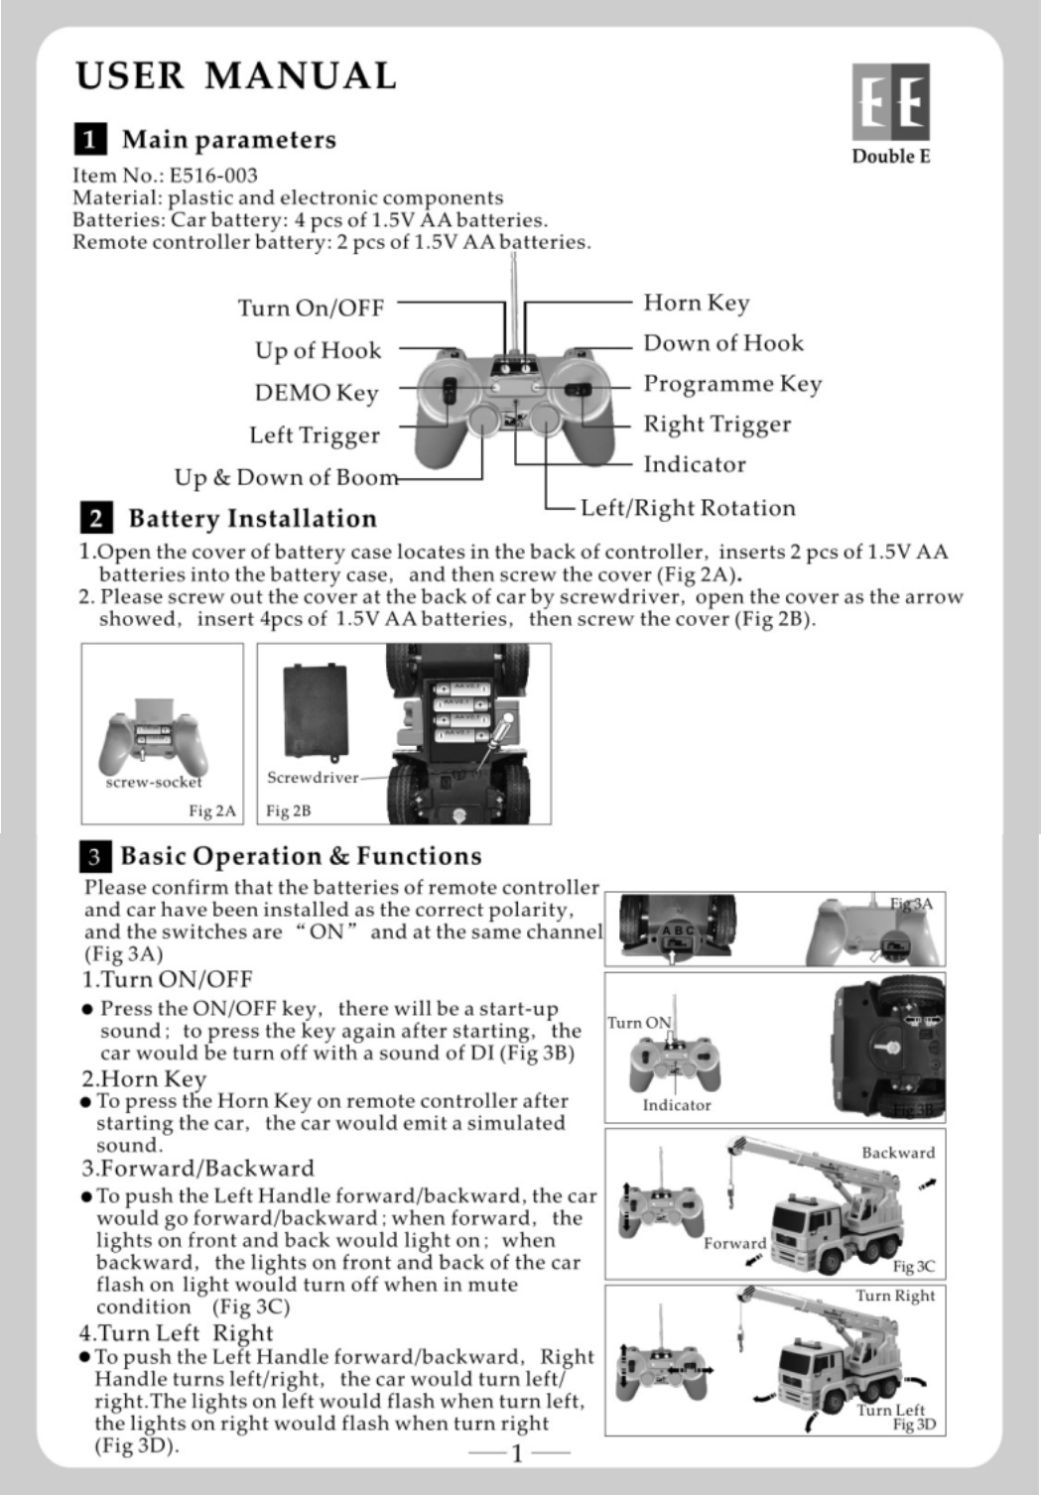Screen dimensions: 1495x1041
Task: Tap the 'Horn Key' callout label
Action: pyautogui.click(x=696, y=303)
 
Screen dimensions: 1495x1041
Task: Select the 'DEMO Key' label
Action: pyautogui.click(x=317, y=393)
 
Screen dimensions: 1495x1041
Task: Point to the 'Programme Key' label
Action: pyautogui.click(x=732, y=384)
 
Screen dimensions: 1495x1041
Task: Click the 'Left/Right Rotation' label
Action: pyautogui.click(x=688, y=508)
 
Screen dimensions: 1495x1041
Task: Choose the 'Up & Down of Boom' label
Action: pyautogui.click(x=286, y=478)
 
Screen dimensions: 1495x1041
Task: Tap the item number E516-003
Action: pyautogui.click(x=213, y=176)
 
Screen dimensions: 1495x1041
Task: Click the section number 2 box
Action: pyautogui.click(x=95, y=518)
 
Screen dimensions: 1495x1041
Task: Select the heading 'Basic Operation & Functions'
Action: pyautogui.click(x=301, y=856)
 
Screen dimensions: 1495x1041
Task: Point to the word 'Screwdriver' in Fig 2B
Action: pyautogui.click(x=313, y=777)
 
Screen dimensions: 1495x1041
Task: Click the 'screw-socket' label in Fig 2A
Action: pyautogui.click(x=154, y=782)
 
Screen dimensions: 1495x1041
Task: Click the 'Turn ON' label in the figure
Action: pyautogui.click(x=639, y=1023)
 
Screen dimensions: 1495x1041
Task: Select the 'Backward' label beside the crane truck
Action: pyautogui.click(x=898, y=1153)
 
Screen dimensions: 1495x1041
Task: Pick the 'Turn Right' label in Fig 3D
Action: pyautogui.click(x=895, y=1296)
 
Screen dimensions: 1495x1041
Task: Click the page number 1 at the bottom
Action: pyautogui.click(x=517, y=1454)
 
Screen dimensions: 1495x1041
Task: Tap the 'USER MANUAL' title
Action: pyautogui.click(x=235, y=75)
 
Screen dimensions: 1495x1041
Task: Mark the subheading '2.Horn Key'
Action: pyautogui.click(x=144, y=1078)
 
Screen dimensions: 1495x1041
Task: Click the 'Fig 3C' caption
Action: pyautogui.click(x=913, y=1266)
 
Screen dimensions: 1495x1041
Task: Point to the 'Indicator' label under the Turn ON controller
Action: pyautogui.click(x=677, y=1105)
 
